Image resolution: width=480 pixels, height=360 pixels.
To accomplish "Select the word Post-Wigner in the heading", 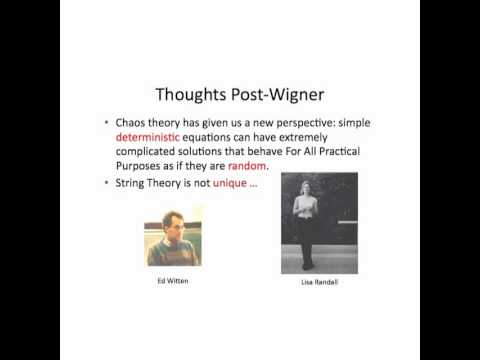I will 279,95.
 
